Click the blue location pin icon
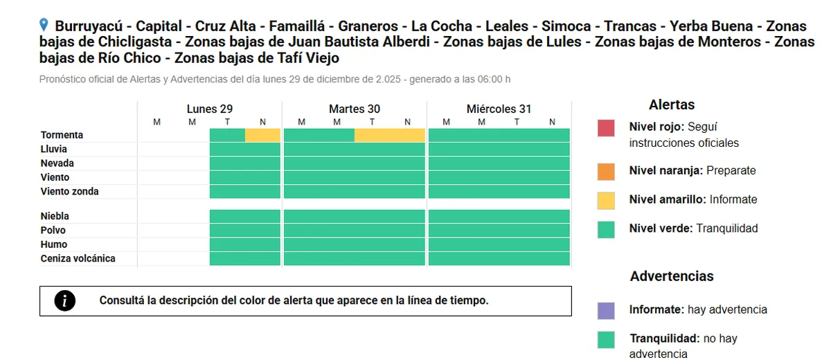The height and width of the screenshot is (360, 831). pyautogui.click(x=44, y=26)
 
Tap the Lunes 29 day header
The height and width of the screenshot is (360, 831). pyautogui.click(x=209, y=109)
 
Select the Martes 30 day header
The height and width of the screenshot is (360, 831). pyautogui.click(x=354, y=109)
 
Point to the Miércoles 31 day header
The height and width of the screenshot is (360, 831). pyautogui.click(x=499, y=109)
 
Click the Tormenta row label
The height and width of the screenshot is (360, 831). pyautogui.click(x=62, y=135)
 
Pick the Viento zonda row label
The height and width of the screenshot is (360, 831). pyautogui.click(x=70, y=191)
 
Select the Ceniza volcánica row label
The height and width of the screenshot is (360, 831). pyautogui.click(x=78, y=258)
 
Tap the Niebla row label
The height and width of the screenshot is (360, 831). pyautogui.click(x=55, y=216)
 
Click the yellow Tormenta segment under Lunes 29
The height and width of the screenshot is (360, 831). pyautogui.click(x=262, y=135)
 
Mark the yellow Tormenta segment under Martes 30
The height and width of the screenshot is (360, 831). pyautogui.click(x=389, y=135)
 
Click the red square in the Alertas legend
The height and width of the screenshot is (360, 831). pyautogui.click(x=606, y=128)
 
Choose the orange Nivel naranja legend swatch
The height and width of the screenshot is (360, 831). pyautogui.click(x=606, y=171)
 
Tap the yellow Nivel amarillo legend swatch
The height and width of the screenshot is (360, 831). pyautogui.click(x=606, y=200)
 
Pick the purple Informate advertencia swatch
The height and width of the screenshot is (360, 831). pyautogui.click(x=606, y=310)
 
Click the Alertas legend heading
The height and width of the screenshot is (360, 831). pyautogui.click(x=671, y=105)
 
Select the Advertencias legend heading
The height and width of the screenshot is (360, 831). pyautogui.click(x=671, y=276)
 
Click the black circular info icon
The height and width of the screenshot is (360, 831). pyautogui.click(x=65, y=300)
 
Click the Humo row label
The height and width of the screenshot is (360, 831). pyautogui.click(x=54, y=244)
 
